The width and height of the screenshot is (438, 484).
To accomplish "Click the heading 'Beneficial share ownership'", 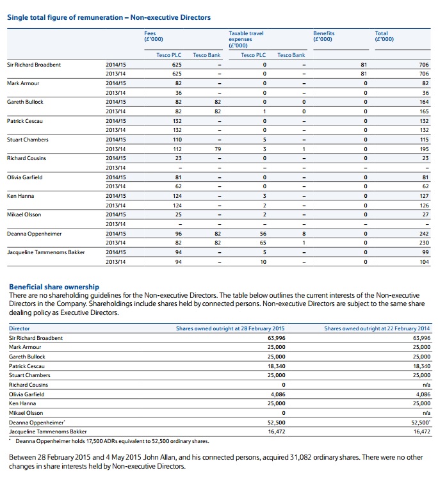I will (x=54, y=287).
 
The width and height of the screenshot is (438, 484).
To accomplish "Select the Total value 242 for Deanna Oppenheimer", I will (x=423, y=234).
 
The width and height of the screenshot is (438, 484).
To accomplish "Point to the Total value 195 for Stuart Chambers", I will (x=423, y=149).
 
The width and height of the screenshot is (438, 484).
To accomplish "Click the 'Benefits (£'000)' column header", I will (x=323, y=36).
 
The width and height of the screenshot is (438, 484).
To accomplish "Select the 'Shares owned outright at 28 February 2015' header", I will (x=230, y=328).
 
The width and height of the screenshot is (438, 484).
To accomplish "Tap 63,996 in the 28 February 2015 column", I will (x=276, y=337).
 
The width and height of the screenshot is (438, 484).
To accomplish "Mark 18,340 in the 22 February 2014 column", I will (x=422, y=366).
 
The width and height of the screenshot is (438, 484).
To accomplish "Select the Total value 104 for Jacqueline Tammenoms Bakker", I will (x=423, y=262).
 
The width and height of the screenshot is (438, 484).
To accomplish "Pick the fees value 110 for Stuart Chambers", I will (x=177, y=140).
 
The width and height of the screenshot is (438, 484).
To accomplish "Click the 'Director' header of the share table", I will (x=19, y=328).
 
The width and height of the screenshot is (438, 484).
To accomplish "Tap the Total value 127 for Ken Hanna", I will (x=423, y=196).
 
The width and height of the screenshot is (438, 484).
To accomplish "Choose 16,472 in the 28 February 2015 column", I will (x=276, y=432).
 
